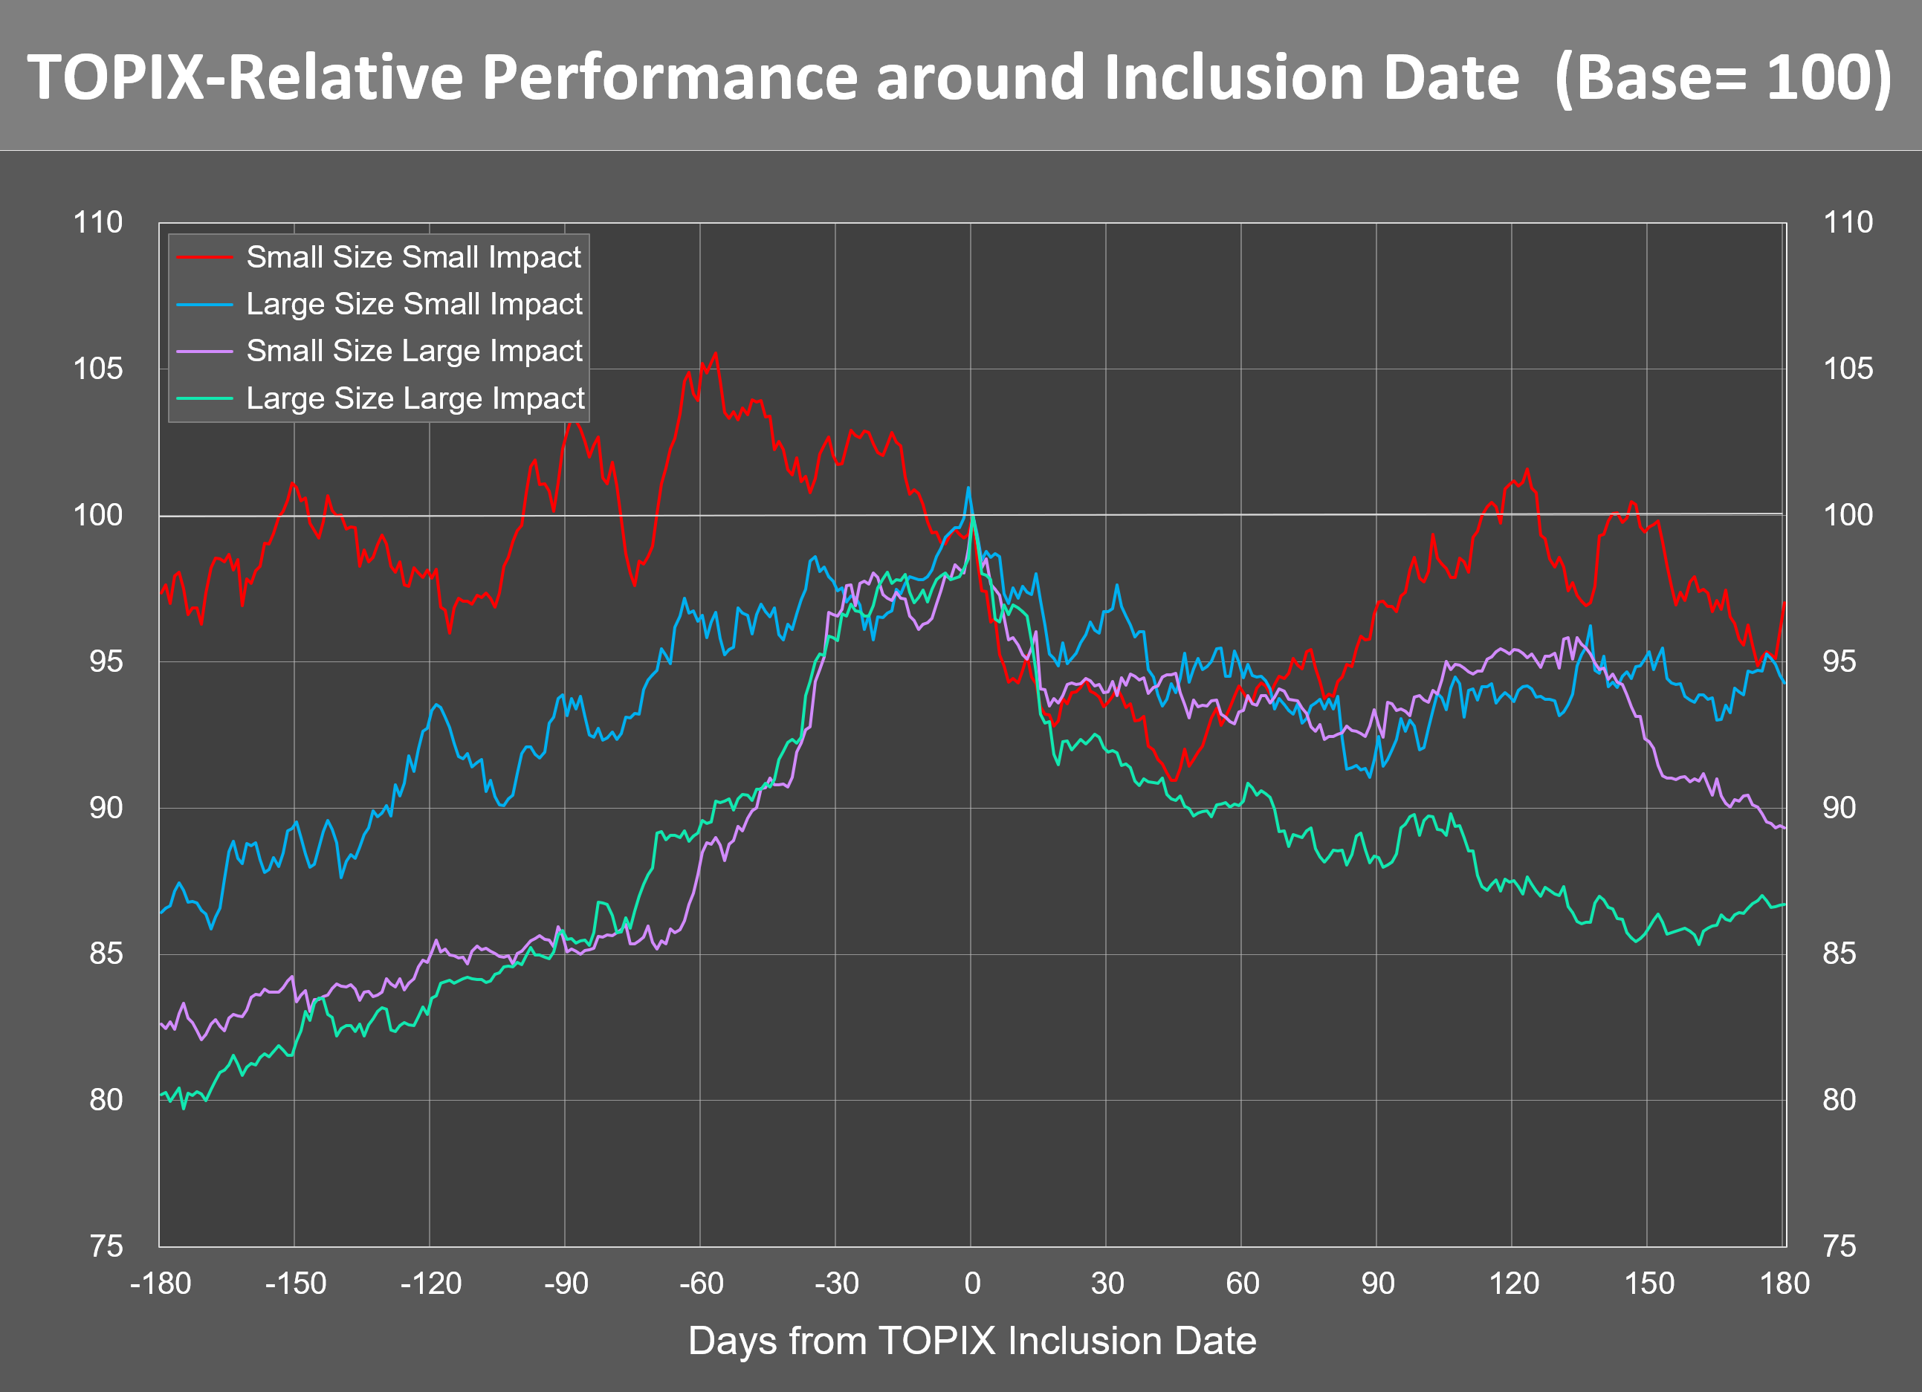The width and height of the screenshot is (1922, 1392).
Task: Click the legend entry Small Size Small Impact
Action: pyautogui.click(x=413, y=256)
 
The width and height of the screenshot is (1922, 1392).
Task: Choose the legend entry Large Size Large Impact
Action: pyautogui.click(x=415, y=398)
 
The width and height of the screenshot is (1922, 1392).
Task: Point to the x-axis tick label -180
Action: pyautogui.click(x=161, y=1283)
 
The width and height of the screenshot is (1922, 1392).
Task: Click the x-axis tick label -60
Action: pyautogui.click(x=701, y=1283)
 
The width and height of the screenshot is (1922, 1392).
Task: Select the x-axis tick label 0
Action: pyautogui.click(x=972, y=1283)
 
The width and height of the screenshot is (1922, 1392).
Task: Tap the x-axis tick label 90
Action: pyautogui.click(x=1377, y=1283)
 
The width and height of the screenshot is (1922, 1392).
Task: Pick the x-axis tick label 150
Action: pyautogui.click(x=1648, y=1283)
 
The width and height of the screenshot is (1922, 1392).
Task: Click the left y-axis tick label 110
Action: pyautogui.click(x=97, y=223)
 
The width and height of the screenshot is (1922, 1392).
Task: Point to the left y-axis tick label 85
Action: pyautogui.click(x=106, y=954)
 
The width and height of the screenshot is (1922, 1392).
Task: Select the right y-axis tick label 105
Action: pyautogui.click(x=1848, y=369)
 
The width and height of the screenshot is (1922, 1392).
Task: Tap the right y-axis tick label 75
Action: pyautogui.click(x=1839, y=1246)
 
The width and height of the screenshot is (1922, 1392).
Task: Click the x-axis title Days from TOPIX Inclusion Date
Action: pyautogui.click(x=972, y=1341)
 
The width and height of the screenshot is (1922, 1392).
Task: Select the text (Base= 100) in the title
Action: pyautogui.click(x=1722, y=78)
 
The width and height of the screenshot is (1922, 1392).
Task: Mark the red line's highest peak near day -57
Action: pyautogui.click(x=716, y=355)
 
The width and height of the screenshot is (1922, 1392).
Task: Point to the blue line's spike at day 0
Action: pyautogui.click(x=968, y=488)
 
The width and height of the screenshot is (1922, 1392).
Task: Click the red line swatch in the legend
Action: pyautogui.click(x=204, y=256)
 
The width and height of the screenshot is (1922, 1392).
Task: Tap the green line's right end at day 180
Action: pyautogui.click(x=1784, y=905)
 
